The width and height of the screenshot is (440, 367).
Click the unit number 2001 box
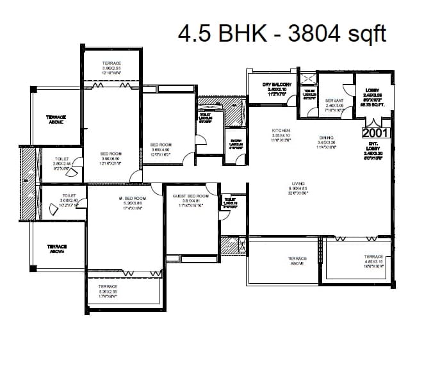coord(376,133)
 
